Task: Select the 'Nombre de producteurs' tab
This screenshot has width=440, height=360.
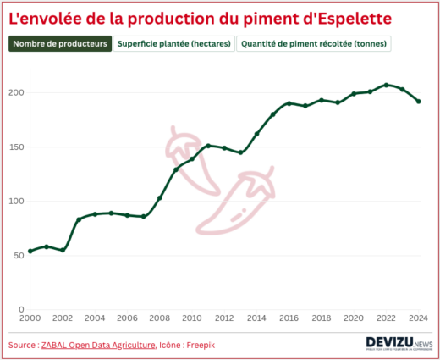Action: click(x=60, y=43)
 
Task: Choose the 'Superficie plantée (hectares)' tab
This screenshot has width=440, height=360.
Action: click(x=174, y=43)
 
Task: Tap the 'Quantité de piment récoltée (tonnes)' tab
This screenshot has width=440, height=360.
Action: click(x=315, y=43)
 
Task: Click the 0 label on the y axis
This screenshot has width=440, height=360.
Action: click(x=20, y=309)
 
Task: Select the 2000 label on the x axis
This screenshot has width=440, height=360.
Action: click(x=30, y=318)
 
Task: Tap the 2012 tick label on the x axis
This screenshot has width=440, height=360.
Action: click(x=224, y=318)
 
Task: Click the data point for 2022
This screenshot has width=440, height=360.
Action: click(x=386, y=85)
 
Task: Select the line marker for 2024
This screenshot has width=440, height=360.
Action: click(x=419, y=101)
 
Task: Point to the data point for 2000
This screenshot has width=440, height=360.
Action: click(x=30, y=251)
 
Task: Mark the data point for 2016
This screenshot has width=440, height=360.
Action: click(x=289, y=103)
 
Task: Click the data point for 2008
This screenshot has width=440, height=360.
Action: click(x=160, y=197)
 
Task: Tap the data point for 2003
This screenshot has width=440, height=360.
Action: click(x=79, y=219)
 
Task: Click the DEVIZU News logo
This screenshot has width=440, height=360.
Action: click(x=399, y=342)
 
